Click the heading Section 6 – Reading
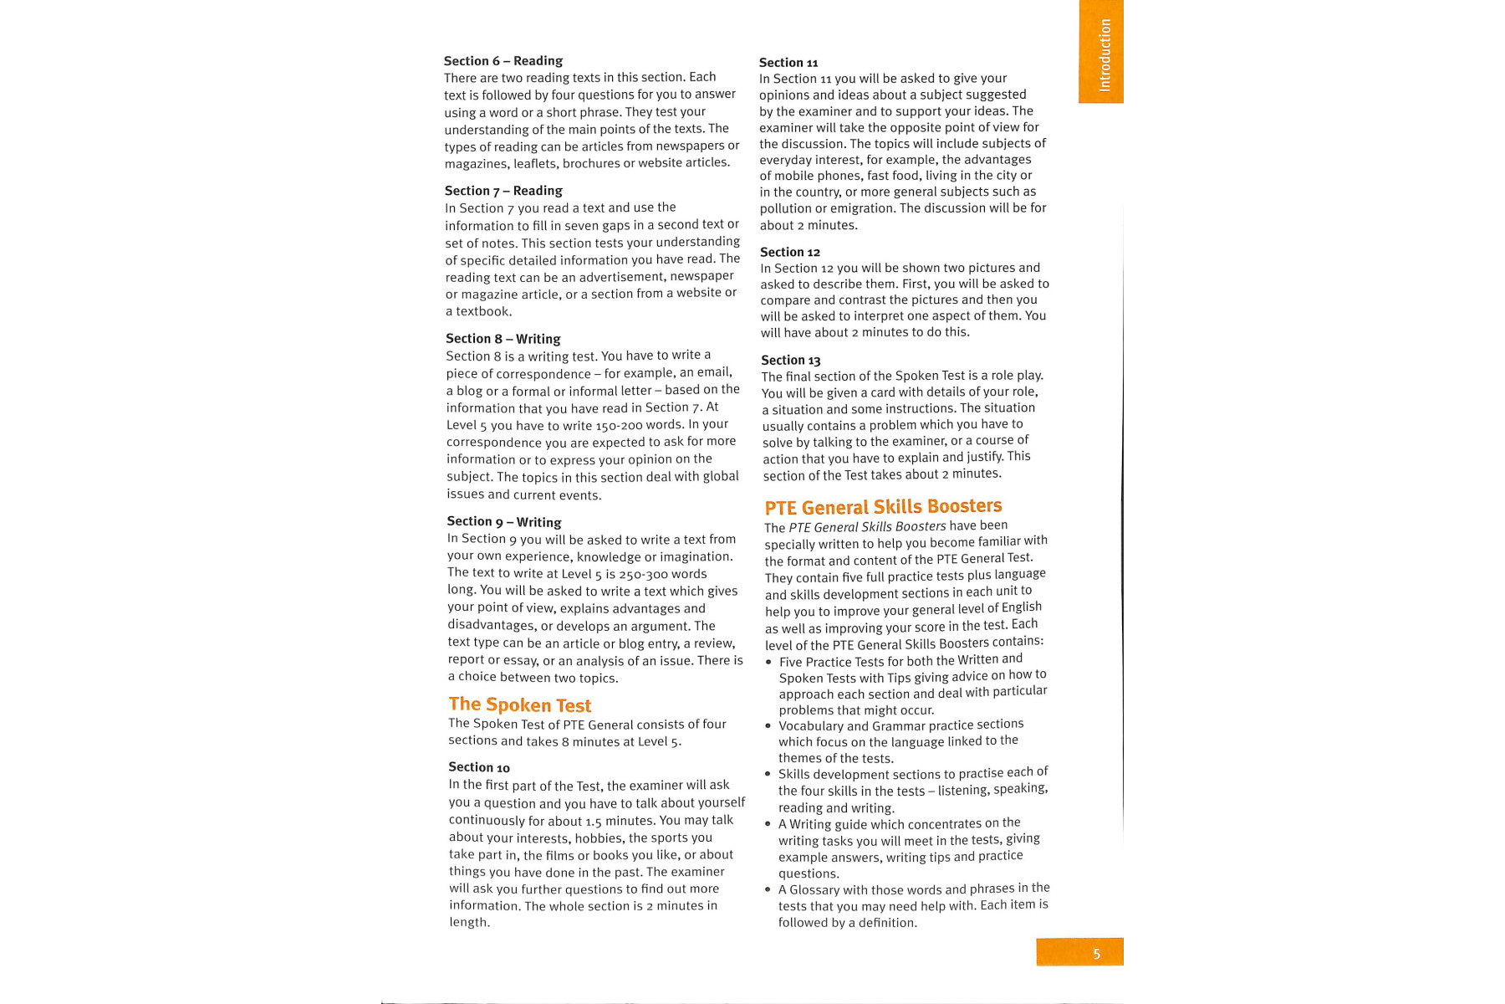[x=503, y=61]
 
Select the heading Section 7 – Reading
[x=503, y=191]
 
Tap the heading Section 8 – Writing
[x=503, y=339]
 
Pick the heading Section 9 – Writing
[x=503, y=521]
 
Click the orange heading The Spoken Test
[x=519, y=704]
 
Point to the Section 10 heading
[x=478, y=767]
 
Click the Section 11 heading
[x=788, y=63]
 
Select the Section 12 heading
[x=789, y=252]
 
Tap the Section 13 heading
[x=790, y=361]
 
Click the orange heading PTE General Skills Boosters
[x=883, y=507]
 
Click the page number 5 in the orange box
[x=1096, y=954]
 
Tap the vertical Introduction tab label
[x=1105, y=55]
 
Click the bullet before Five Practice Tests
[x=768, y=663]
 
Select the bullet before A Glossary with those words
[x=768, y=890]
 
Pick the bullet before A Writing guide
[x=768, y=824]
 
